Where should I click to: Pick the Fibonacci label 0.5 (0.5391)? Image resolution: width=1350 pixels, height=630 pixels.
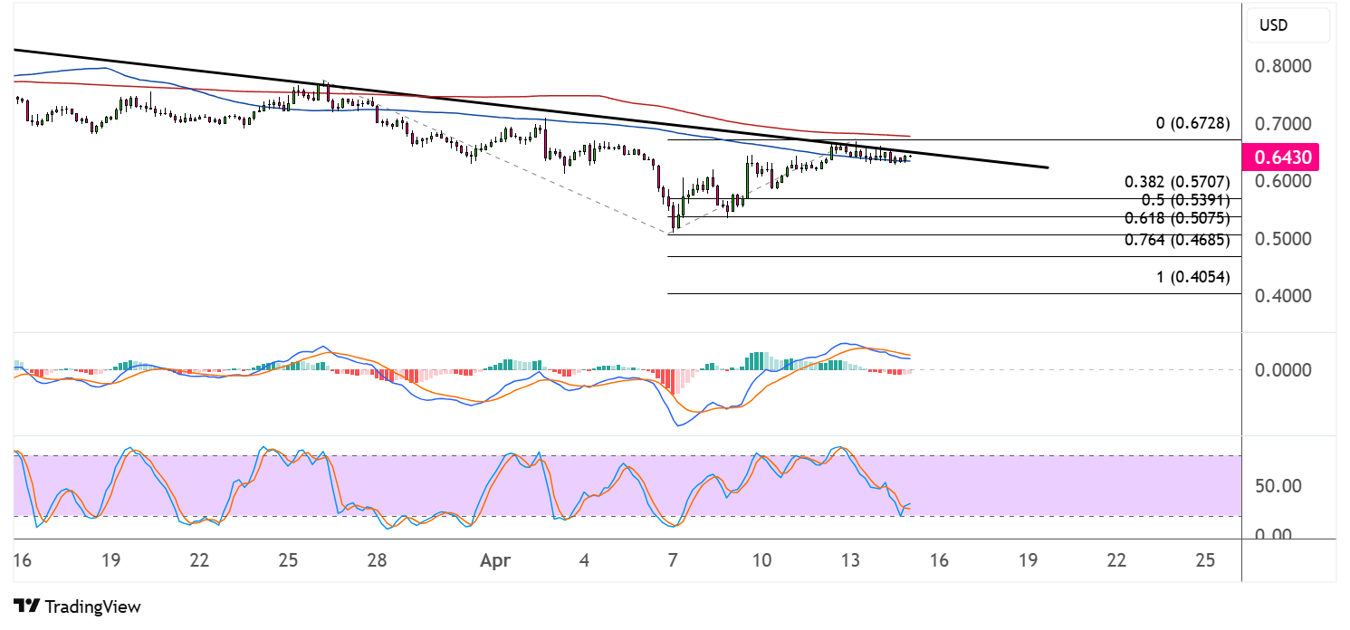[1185, 200]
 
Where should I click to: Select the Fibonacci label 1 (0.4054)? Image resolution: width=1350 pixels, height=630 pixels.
[1193, 277]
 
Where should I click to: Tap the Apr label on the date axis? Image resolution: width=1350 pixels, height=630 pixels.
[495, 560]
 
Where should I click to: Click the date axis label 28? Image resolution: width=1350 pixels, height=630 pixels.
[378, 560]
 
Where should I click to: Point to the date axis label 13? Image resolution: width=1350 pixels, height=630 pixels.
[849, 560]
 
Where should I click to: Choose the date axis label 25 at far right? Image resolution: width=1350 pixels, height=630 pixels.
[1204, 560]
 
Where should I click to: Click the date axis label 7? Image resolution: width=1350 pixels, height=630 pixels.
[672, 560]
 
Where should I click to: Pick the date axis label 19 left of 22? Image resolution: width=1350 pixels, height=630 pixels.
[111, 560]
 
